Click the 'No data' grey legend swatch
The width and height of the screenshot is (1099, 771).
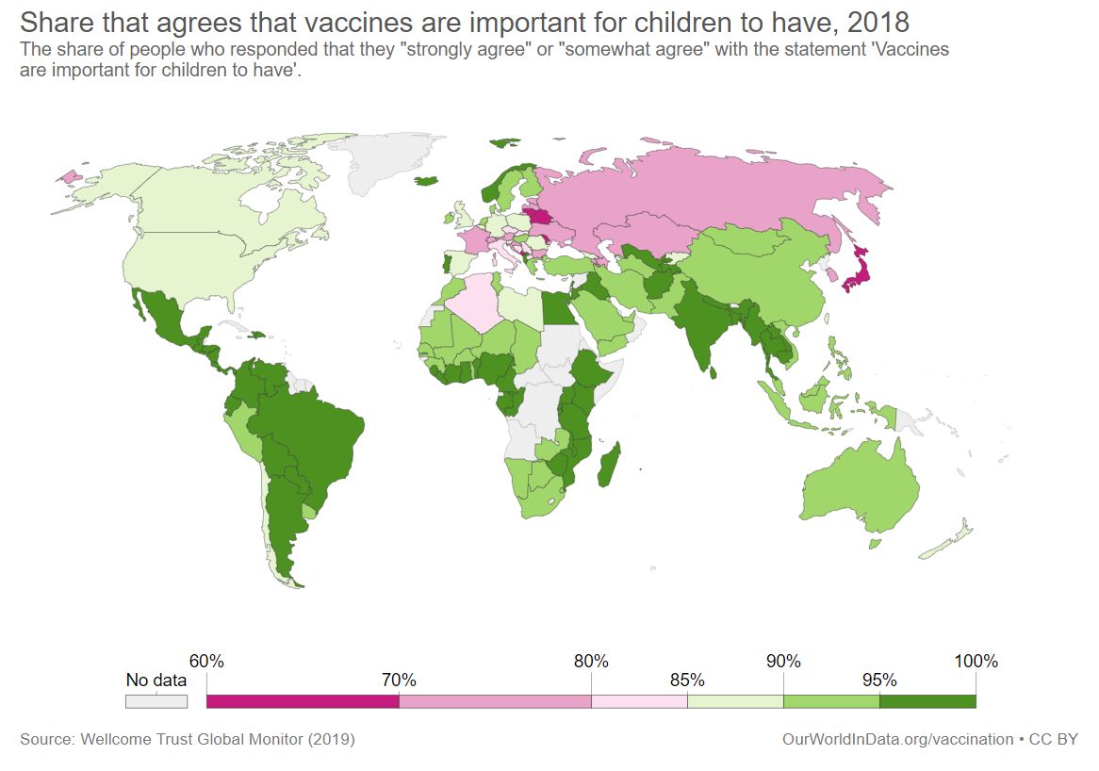click(x=156, y=701)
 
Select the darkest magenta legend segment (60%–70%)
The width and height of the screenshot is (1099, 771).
click(x=303, y=701)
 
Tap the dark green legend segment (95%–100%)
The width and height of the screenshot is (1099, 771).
click(x=927, y=701)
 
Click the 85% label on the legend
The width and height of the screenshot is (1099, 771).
click(x=687, y=681)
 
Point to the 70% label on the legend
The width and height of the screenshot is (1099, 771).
click(x=399, y=681)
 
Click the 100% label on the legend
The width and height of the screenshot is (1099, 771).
click(x=976, y=661)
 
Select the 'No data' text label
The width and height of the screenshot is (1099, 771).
click(x=156, y=681)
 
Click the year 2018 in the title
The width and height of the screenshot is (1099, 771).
click(x=877, y=21)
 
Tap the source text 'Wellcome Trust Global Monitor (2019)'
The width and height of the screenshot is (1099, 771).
click(x=219, y=740)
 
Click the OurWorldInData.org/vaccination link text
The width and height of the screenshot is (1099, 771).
click(x=897, y=740)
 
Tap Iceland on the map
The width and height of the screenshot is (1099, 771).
click(x=428, y=180)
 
